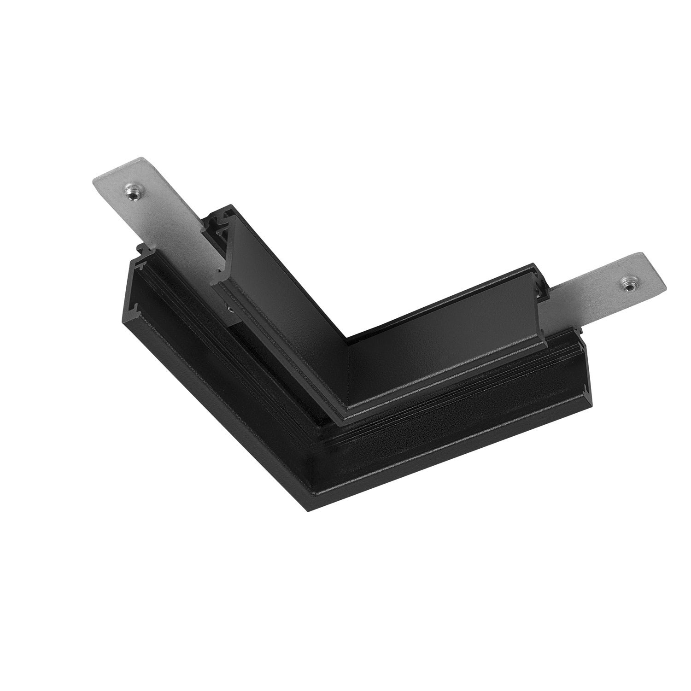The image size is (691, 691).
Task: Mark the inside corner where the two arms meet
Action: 346,342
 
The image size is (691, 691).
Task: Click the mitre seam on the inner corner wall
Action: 346,369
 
